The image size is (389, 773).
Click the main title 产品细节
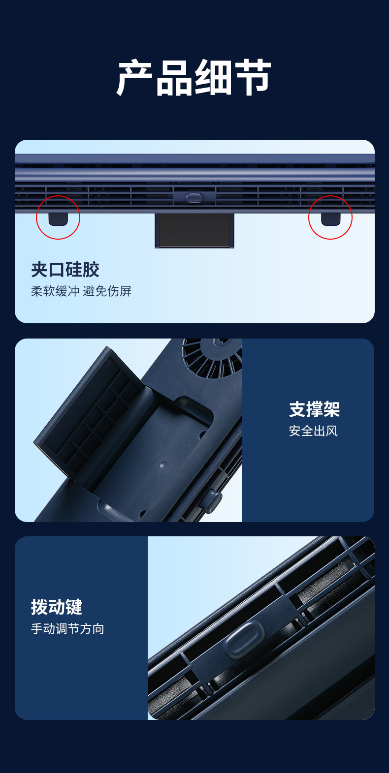[194, 78]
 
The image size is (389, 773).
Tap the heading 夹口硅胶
[65, 270]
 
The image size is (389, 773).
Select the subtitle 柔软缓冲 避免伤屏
[81, 291]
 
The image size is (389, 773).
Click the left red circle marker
[58, 217]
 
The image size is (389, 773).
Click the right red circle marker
[330, 217]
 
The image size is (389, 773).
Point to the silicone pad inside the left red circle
[58, 219]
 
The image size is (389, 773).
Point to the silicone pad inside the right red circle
[330, 219]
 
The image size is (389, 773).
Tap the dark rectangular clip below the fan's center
[194, 230]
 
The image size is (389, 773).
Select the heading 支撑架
[314, 409]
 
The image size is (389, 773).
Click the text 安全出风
[313, 431]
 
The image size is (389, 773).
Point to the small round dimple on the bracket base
[163, 464]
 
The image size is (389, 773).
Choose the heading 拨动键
[57, 607]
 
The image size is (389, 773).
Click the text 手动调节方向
[67, 629]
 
